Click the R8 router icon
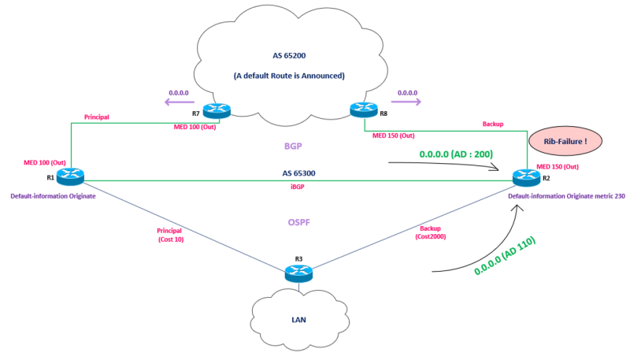coord(364,112)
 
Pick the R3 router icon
coord(298,272)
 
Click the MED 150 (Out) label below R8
coord(395,135)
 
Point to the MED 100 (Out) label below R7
coord(196,127)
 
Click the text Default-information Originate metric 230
coord(566,196)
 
